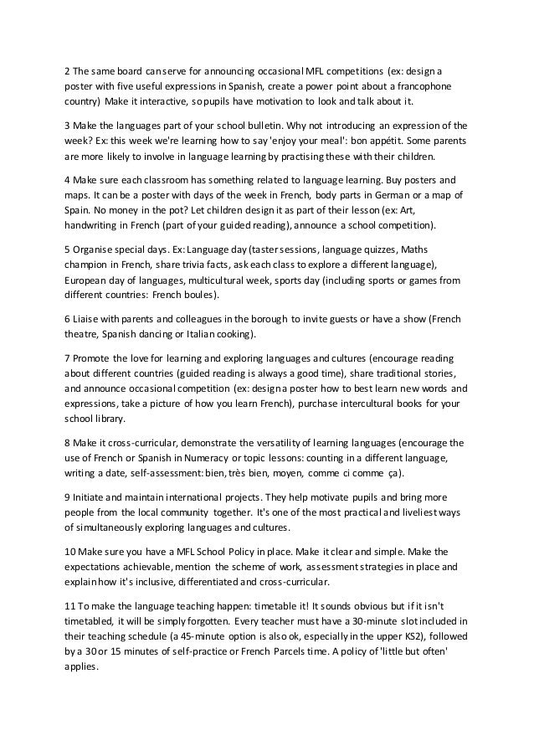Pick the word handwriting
point(95,226)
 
